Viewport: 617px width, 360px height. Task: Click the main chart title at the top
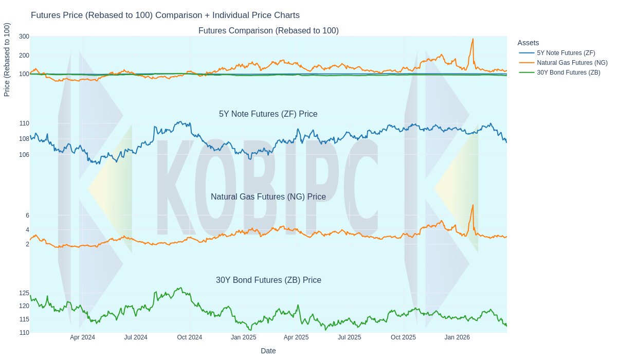point(165,15)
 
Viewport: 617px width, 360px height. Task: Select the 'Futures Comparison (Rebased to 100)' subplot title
point(268,31)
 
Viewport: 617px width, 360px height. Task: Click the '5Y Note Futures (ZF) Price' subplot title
point(268,114)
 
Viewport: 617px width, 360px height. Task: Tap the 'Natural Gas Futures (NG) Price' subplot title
point(268,197)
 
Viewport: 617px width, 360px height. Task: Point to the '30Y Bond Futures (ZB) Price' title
point(268,280)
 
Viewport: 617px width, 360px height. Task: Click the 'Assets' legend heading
point(528,43)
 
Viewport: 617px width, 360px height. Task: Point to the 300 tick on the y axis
point(24,37)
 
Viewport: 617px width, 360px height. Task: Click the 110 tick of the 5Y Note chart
point(24,123)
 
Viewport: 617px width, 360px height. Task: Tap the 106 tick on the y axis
point(24,155)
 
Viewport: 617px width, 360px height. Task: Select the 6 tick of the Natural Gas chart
point(27,215)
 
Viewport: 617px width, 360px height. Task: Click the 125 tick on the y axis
point(24,293)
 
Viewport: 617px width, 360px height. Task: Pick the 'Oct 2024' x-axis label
point(189,337)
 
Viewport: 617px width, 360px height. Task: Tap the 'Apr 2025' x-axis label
point(296,337)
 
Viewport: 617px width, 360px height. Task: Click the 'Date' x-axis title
point(268,351)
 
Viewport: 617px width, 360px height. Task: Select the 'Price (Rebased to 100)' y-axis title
point(7,60)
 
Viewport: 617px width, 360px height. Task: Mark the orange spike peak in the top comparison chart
point(473,39)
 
